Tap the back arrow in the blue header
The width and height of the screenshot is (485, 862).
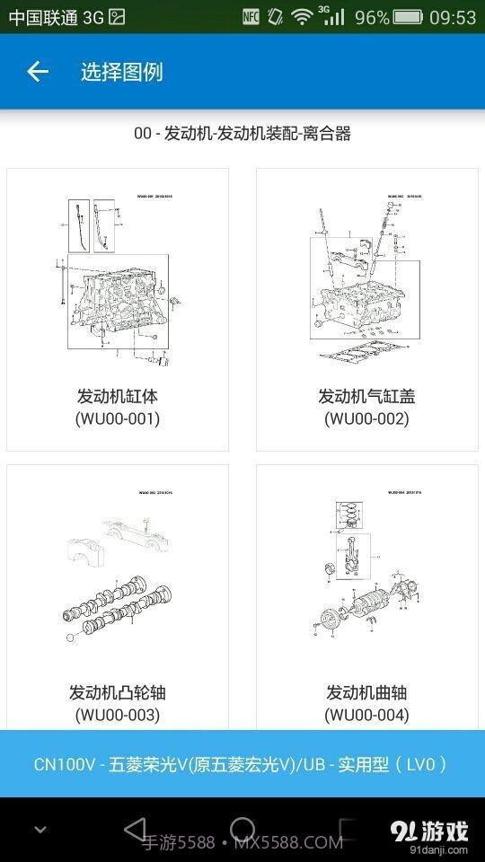click(x=37, y=72)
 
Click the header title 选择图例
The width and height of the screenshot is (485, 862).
click(x=121, y=72)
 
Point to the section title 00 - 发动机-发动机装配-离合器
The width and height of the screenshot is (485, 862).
click(x=242, y=134)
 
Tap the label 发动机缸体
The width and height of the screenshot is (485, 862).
click(x=118, y=395)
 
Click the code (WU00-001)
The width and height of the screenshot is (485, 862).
click(x=118, y=418)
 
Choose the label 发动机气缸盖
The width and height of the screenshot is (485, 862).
click(x=366, y=395)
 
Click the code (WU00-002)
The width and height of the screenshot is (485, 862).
click(x=366, y=418)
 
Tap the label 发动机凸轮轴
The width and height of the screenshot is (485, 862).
click(x=118, y=692)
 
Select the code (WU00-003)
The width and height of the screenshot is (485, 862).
click(x=118, y=715)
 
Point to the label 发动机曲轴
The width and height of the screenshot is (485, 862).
click(x=366, y=692)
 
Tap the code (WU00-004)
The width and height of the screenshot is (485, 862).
click(x=366, y=715)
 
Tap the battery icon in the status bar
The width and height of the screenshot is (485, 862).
click(x=408, y=17)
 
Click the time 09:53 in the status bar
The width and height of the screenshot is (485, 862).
click(x=454, y=17)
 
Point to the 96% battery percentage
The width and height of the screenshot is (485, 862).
click(x=372, y=17)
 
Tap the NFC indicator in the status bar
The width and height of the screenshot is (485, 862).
click(x=251, y=17)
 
